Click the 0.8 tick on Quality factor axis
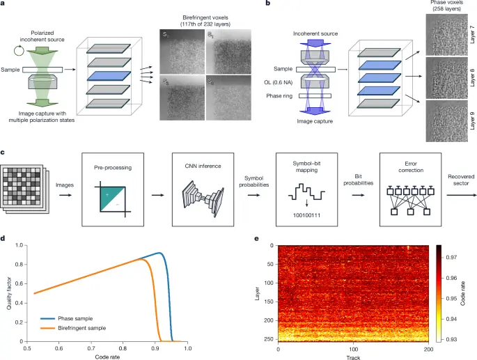21,265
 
